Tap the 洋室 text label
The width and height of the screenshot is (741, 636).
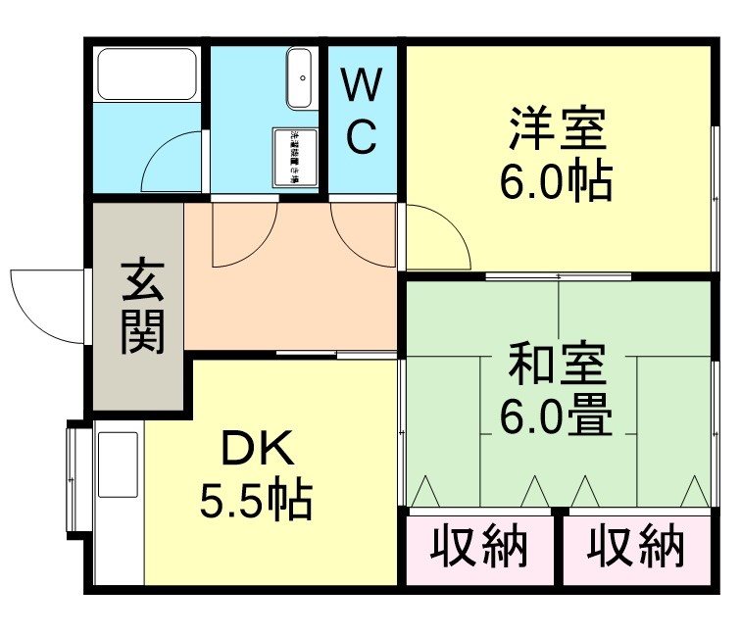tap(556, 128)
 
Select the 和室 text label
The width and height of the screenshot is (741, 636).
tap(556, 365)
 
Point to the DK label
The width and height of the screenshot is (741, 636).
tap(256, 452)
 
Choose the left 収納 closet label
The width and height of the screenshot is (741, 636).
tap(479, 546)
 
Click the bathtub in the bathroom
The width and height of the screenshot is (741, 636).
tap(147, 73)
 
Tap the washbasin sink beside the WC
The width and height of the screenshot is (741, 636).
tap(300, 78)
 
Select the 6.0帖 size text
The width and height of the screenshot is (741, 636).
tap(556, 181)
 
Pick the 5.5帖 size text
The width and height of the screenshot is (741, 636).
tap(256, 502)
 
